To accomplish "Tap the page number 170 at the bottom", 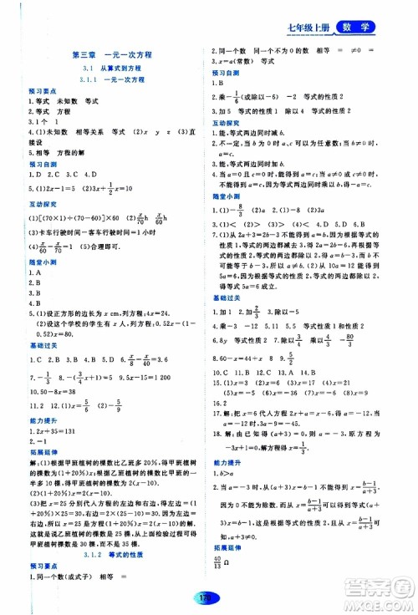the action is [x=209, y=598].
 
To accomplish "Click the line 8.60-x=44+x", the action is [x=244, y=332].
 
